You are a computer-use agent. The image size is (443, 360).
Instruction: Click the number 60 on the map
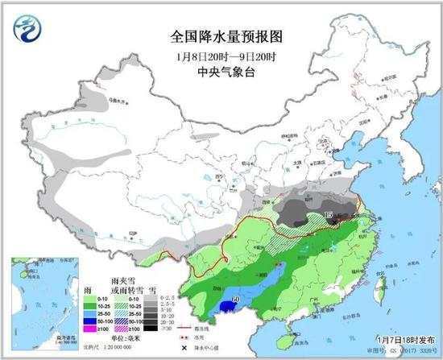(x=235, y=302)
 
